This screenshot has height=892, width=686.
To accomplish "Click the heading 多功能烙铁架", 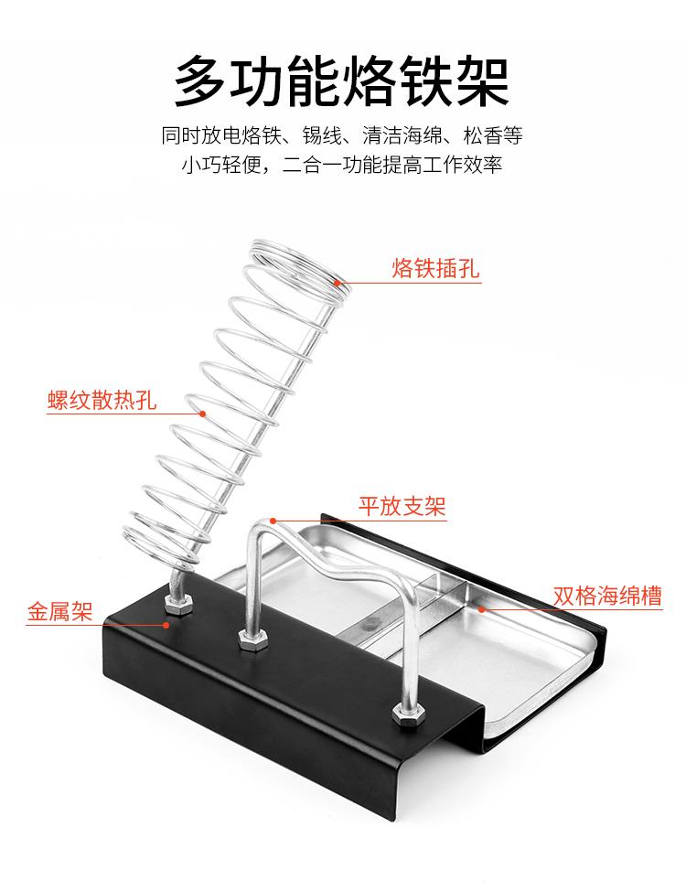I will coord(342,81).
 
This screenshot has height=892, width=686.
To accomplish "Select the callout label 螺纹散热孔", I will coord(102,401).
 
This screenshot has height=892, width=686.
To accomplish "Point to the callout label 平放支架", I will coord(401,505).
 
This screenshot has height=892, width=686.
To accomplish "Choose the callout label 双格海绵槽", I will coord(607,596).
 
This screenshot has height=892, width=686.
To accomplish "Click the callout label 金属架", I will coord(59,612).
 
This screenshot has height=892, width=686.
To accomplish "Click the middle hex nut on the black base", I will coord(248,638).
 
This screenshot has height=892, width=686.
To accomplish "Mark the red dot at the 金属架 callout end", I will coord(166,625).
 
